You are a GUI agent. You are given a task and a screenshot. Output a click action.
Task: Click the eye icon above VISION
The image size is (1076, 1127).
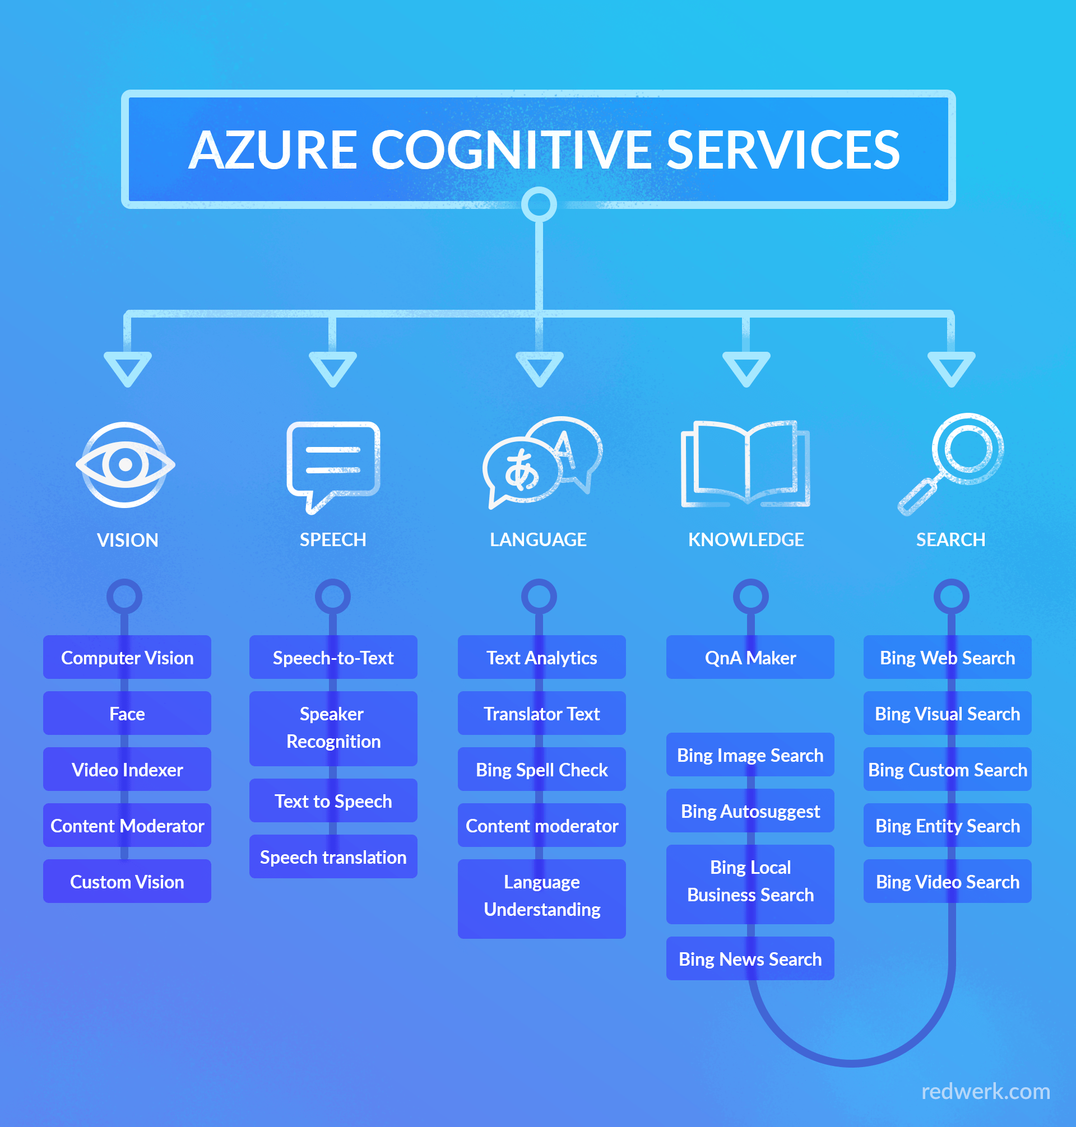(x=126, y=464)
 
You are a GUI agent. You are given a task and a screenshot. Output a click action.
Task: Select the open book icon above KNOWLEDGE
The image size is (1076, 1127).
(x=745, y=464)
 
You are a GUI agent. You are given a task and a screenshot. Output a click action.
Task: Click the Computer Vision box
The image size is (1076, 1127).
(x=127, y=658)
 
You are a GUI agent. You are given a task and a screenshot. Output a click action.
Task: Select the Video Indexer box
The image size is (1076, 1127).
(x=127, y=769)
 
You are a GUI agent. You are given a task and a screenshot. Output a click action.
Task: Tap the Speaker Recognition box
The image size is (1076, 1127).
(x=333, y=728)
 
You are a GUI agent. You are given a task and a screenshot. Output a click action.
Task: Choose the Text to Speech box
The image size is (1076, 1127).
(x=333, y=801)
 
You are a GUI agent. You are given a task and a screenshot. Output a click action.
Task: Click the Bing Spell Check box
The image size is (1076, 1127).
(x=541, y=769)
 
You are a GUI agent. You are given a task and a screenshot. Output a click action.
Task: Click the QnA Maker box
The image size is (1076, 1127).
(x=750, y=658)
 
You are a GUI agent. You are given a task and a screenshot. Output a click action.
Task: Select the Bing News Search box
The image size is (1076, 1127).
(x=750, y=959)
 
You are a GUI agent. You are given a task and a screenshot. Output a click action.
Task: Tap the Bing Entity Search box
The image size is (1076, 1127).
(x=948, y=826)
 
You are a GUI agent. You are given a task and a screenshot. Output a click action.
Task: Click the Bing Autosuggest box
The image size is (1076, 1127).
(x=750, y=811)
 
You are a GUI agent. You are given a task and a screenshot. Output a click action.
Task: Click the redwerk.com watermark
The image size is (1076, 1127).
(x=985, y=1092)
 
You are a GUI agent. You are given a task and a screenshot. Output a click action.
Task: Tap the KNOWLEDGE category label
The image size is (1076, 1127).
(x=745, y=539)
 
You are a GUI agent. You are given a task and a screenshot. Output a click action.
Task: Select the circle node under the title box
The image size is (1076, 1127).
(x=539, y=204)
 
